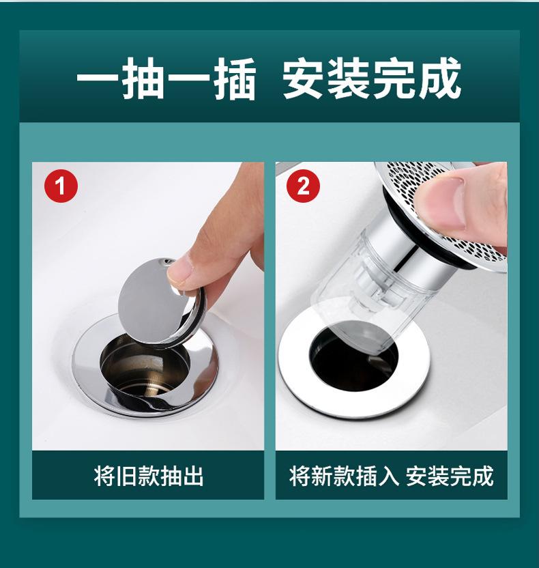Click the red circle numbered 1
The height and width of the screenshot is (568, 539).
coord(61,186)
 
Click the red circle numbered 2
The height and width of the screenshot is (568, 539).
coord(303,186)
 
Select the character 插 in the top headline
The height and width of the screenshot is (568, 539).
coord(235,79)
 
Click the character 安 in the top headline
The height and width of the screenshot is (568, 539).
coord(304,79)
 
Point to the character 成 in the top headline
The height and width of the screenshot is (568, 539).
coord(440,79)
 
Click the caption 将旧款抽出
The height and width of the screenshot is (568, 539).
coord(149,476)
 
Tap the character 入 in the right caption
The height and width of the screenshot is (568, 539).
coord(388,476)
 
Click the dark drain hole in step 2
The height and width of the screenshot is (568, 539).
coord(353,358)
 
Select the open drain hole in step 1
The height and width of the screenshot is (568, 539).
coord(144,366)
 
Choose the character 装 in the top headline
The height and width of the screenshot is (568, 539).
coord(349,79)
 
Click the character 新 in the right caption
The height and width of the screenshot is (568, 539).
coord(322,476)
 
